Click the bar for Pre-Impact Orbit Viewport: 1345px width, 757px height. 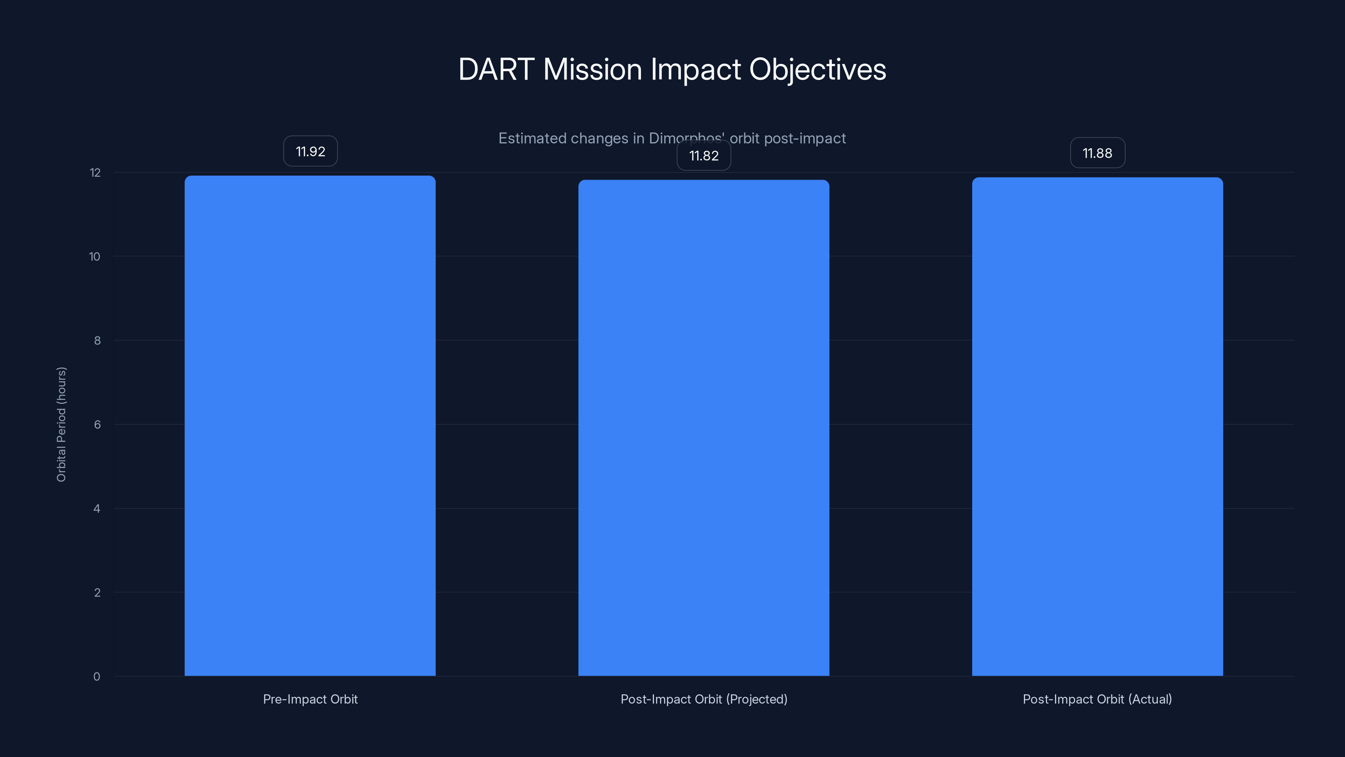(x=310, y=426)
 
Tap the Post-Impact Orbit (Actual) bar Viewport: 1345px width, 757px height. (x=1097, y=426)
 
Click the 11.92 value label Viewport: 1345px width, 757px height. (x=310, y=151)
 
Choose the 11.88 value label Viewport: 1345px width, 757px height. (x=1097, y=153)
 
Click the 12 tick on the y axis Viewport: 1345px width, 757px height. (x=95, y=173)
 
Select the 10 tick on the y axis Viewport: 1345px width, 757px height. (x=95, y=257)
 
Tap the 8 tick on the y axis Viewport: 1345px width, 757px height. (x=97, y=341)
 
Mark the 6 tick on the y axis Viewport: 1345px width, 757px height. (x=97, y=425)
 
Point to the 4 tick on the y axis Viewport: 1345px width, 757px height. (x=97, y=509)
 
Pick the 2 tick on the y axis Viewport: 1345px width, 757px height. (x=97, y=593)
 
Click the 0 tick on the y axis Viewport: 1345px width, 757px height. (x=97, y=677)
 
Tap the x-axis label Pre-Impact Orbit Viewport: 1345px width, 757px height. (x=310, y=699)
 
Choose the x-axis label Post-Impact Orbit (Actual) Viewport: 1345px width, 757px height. (x=1097, y=699)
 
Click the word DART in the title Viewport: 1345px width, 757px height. (x=496, y=69)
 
